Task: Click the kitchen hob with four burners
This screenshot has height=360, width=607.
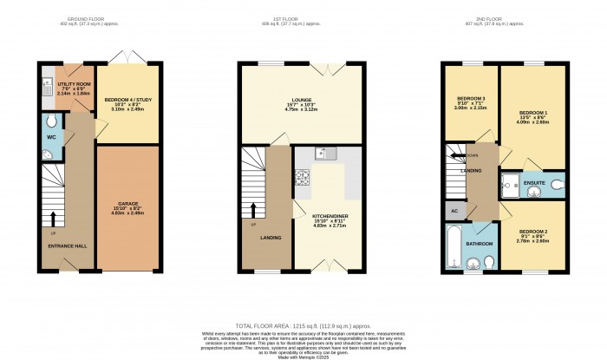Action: (303, 179)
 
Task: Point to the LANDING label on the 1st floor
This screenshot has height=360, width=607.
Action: (271, 237)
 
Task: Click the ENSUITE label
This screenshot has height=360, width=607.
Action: (534, 183)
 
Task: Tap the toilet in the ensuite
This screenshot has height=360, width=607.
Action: (555, 184)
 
